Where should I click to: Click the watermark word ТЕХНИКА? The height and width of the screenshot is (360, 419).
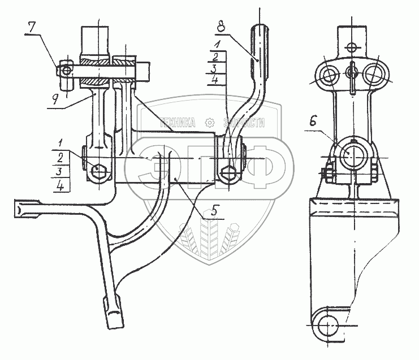click(179, 122)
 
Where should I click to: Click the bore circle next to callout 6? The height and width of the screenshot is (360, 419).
click(352, 157)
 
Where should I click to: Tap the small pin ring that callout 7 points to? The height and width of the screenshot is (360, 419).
click(67, 71)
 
